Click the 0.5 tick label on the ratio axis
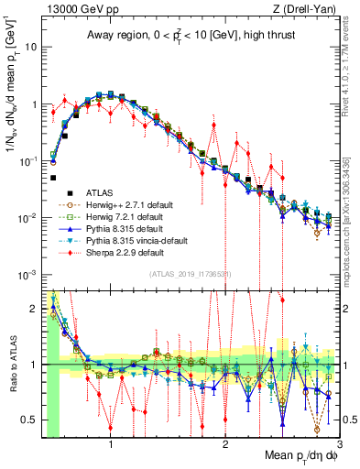(x=31, y=420)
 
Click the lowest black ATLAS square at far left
(x=54, y=178)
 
